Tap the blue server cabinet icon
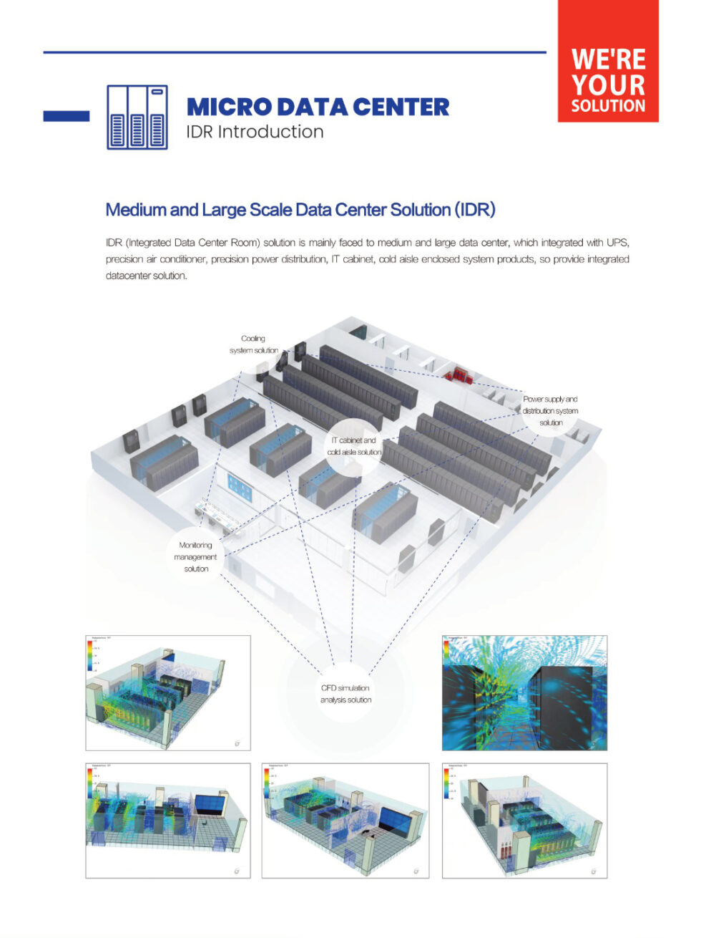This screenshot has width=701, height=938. click(137, 117)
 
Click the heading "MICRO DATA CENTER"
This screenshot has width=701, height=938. click(318, 107)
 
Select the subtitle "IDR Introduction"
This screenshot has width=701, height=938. click(255, 132)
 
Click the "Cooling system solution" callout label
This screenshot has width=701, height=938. click(254, 344)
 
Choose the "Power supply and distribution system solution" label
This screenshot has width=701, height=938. click(550, 411)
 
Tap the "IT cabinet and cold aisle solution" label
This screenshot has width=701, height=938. click(354, 446)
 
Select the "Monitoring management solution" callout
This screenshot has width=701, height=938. click(195, 556)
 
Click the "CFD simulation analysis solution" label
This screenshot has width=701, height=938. click(345, 694)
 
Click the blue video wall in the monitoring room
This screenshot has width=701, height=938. click(240, 487)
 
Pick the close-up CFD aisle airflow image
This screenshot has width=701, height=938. click(524, 692)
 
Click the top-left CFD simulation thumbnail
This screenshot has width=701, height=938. click(168, 692)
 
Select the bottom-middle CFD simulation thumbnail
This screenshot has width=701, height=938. click(345, 821)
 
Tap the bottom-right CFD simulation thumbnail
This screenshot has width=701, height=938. click(524, 821)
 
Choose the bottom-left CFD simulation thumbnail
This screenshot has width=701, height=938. click(168, 821)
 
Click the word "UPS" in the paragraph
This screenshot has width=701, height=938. click(617, 243)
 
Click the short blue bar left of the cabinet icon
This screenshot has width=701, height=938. click(67, 116)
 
